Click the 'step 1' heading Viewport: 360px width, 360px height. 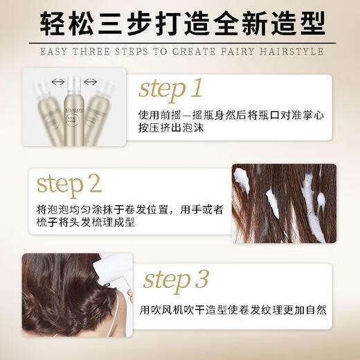170,89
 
